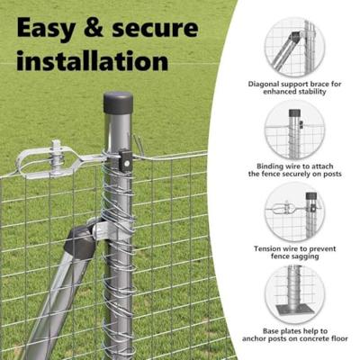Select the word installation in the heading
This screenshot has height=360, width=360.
click(x=92, y=60)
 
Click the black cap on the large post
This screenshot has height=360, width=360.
click(x=118, y=101)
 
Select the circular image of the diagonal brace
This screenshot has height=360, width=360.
click(x=294, y=47)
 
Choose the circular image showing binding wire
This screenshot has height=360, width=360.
click(x=294, y=129)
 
